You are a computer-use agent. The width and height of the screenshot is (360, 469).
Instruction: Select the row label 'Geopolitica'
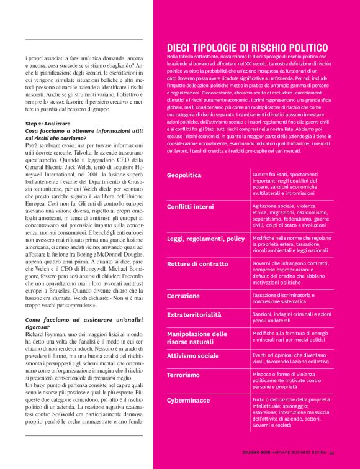(184, 175)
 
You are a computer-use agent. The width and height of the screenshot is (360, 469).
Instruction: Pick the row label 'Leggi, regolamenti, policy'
(206, 239)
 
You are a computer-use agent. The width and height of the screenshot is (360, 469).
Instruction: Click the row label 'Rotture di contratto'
(198, 265)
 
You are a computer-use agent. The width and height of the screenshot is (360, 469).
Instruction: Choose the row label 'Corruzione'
(184, 296)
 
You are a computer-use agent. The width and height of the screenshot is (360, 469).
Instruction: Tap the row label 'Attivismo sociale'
(193, 356)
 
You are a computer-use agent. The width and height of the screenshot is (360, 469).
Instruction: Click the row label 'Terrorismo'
(184, 375)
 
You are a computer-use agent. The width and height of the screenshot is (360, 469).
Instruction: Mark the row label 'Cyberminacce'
(188, 401)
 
